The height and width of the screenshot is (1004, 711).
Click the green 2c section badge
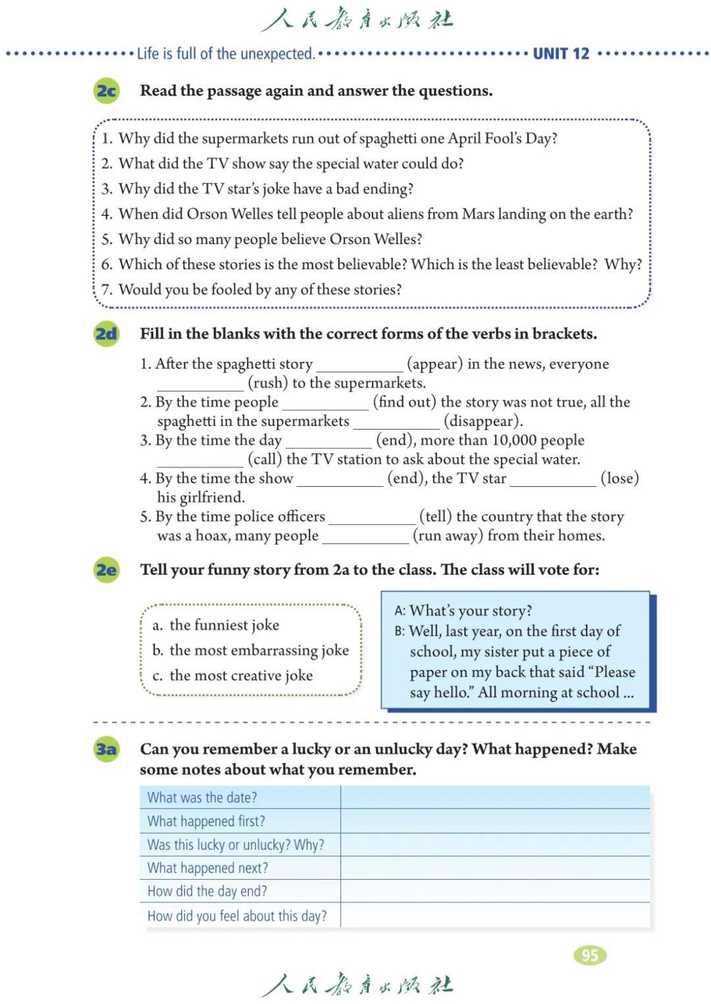106,90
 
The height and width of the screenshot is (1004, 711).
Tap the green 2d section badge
106,334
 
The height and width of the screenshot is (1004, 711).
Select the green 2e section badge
106,569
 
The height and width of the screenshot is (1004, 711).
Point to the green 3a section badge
106,749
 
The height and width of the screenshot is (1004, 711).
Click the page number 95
590,955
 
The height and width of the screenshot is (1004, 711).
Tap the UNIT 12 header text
561,54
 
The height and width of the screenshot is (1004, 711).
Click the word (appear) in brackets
434,364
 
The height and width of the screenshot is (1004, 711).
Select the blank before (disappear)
396,422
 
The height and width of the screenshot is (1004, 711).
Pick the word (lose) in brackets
619,478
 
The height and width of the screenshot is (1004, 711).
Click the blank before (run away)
365,536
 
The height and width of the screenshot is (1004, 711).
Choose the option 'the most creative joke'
241,675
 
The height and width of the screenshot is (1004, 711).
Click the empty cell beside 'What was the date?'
494,797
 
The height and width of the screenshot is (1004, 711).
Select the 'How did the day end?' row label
207,891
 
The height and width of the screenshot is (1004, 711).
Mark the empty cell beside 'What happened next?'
494,868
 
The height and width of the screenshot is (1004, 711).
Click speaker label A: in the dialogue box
400,611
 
